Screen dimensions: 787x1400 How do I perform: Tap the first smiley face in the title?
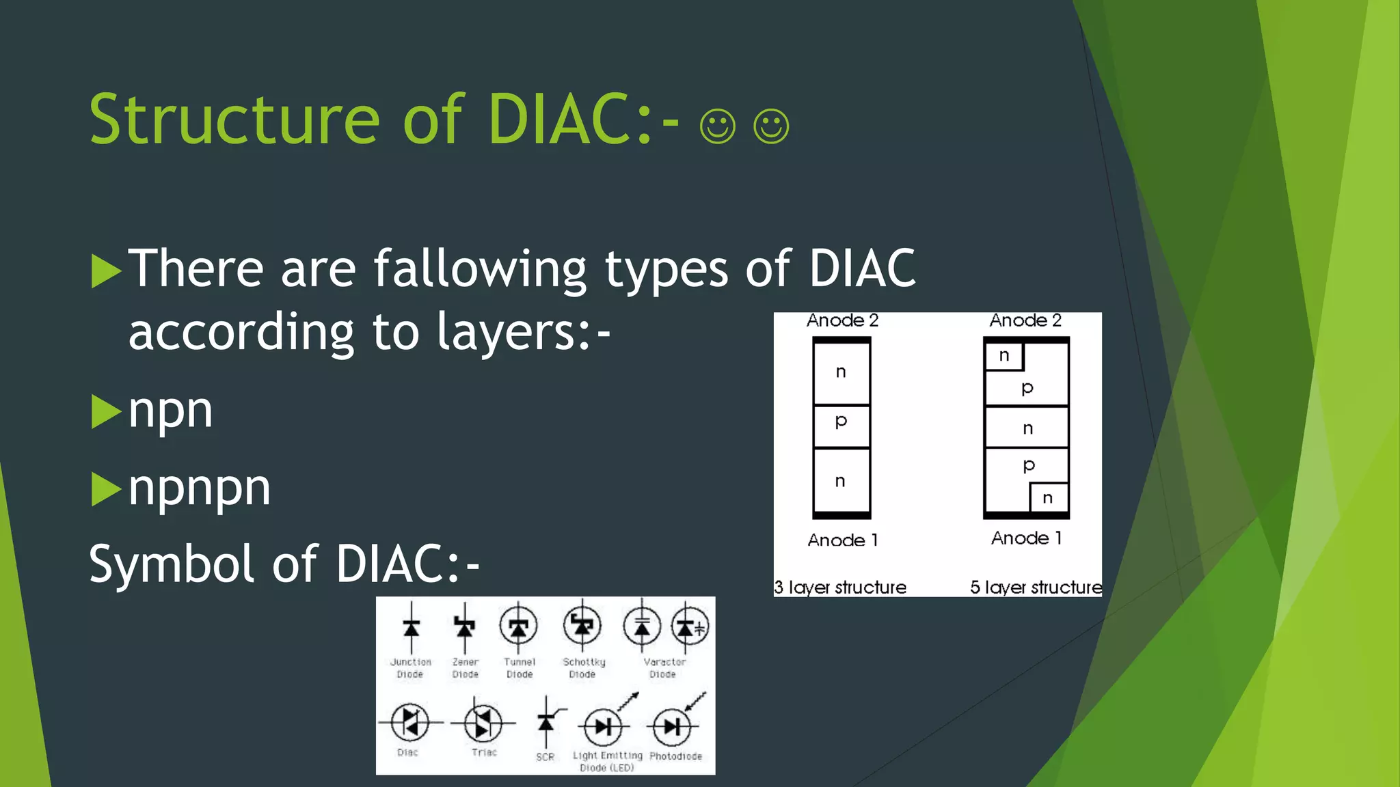717,126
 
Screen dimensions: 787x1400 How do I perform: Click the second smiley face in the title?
771,126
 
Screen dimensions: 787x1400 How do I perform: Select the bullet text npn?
170,411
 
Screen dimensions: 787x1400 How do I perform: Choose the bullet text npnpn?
199,488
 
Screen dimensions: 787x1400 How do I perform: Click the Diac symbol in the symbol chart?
409,722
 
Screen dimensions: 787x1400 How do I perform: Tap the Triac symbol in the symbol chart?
483,723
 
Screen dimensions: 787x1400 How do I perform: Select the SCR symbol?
546,722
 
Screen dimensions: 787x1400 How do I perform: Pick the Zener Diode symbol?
465,626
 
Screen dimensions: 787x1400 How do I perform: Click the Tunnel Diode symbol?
519,626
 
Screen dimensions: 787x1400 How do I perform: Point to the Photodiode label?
675,756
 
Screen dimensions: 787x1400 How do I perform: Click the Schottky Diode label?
583,667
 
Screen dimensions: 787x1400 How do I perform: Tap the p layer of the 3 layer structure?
842,425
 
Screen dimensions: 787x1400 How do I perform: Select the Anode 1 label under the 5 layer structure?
1026,538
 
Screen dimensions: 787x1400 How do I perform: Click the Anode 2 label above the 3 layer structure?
842,320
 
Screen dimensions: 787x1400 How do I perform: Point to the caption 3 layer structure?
840,588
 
